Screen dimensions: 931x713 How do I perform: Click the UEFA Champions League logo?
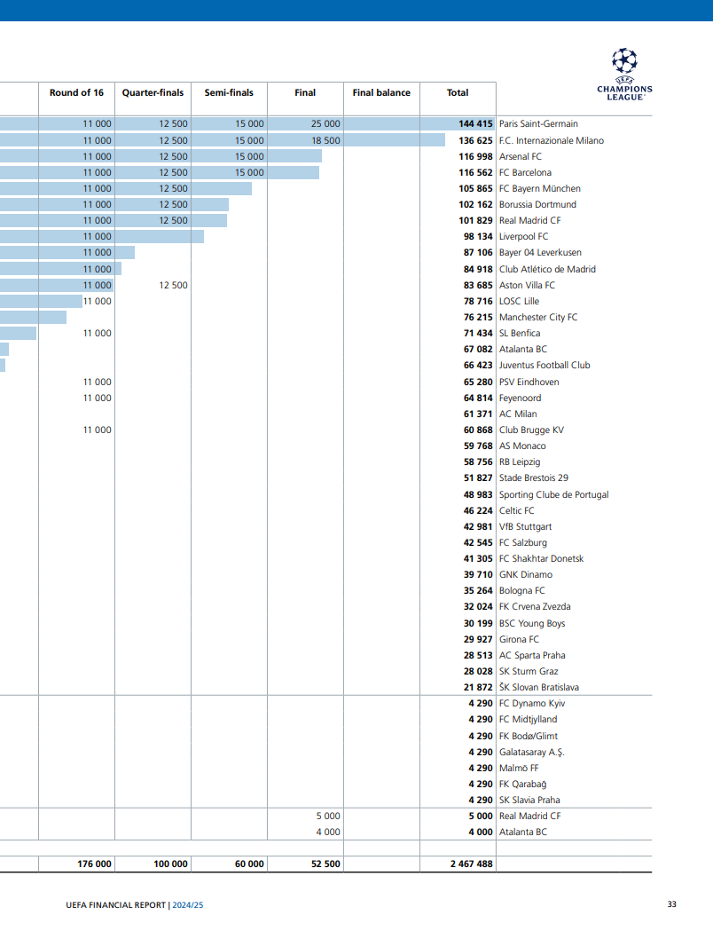point(624,74)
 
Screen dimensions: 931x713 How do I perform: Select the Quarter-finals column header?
point(153,92)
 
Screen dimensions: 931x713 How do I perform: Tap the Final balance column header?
point(381,92)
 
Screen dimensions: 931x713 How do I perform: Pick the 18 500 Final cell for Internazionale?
point(325,140)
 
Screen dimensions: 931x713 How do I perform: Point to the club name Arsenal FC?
point(521,156)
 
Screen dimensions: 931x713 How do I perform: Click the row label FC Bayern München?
point(540,188)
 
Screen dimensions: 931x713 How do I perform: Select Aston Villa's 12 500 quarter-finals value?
point(173,285)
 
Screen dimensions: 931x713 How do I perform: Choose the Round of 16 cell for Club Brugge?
point(98,430)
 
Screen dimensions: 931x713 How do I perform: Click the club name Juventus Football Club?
point(545,365)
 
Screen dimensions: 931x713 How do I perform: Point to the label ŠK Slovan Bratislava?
point(539,687)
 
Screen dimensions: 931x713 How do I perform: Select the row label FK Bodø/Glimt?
point(529,736)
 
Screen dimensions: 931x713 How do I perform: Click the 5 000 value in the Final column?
point(328,816)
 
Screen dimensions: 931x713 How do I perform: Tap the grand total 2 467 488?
point(471,864)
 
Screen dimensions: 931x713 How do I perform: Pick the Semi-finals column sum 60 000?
point(249,864)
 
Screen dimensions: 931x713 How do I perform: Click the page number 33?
point(671,904)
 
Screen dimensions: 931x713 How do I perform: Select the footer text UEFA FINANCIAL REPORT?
point(116,905)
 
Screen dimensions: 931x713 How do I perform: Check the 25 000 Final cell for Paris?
point(325,124)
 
